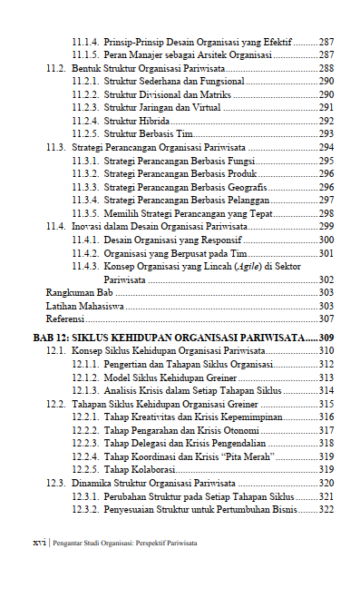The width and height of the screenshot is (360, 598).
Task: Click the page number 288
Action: (326, 68)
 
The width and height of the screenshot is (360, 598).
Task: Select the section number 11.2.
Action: (56, 68)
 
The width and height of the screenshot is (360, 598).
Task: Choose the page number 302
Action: (326, 279)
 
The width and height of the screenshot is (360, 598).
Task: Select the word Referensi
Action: (65, 319)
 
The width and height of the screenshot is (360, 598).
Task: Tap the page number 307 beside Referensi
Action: (326, 319)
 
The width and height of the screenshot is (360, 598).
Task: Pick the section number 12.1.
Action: (56, 349)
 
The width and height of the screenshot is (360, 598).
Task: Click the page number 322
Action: (326, 509)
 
